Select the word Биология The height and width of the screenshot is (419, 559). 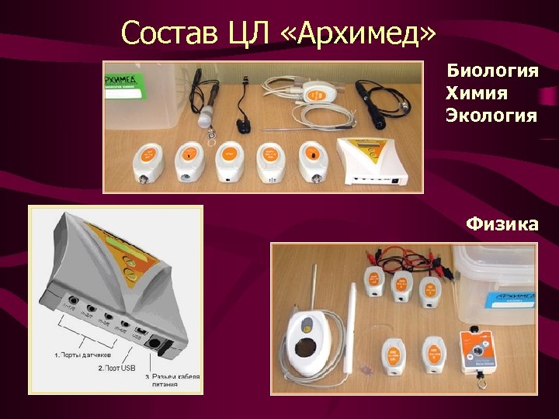[x=492, y=71]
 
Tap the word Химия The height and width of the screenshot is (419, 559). [x=477, y=94]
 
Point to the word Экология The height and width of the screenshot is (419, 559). [x=491, y=116]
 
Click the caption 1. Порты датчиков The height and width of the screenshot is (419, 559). [x=85, y=353]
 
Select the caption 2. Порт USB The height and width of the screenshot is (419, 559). [x=116, y=367]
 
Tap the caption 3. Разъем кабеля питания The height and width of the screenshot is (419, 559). [x=172, y=380]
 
